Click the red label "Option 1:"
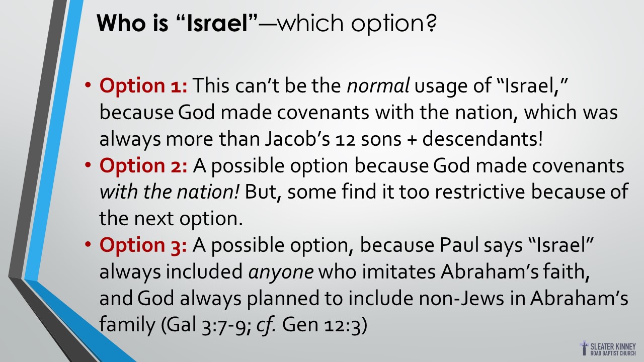tap(143, 85)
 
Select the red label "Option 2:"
tap(143, 166)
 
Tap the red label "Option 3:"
tap(143, 245)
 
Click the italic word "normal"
tap(378, 85)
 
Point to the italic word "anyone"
tap(281, 272)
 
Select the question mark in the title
tap(431, 23)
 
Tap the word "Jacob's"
tap(297, 139)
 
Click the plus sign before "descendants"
tap(412, 140)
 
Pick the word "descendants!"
tap(482, 138)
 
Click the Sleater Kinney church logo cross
tap(584, 348)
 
